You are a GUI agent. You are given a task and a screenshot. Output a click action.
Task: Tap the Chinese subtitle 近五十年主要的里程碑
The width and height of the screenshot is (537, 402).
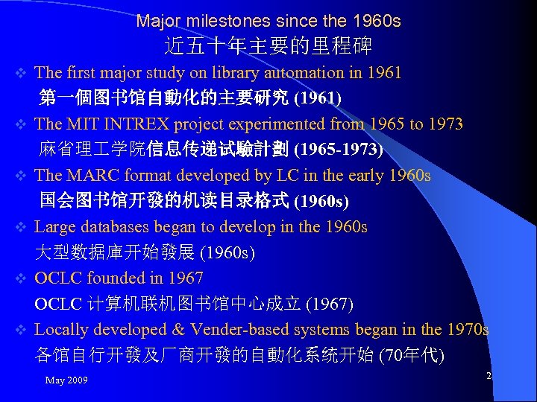pos(268,47)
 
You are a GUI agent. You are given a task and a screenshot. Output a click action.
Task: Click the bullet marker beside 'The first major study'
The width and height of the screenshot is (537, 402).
pos(22,73)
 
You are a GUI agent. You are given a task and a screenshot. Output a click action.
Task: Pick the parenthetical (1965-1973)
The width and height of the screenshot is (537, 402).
pos(339,150)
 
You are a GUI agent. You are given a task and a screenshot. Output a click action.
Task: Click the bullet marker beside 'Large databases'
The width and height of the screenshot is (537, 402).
pos(22,227)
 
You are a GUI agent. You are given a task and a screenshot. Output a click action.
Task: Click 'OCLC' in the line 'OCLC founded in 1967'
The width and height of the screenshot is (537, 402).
pos(59,278)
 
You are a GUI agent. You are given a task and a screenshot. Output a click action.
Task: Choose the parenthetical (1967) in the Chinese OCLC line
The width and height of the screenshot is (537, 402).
pos(329,304)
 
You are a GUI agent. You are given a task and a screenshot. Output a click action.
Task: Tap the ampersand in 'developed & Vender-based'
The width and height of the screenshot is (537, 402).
pos(178,330)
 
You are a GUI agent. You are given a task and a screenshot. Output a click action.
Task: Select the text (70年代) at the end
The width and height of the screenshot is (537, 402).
pos(412,355)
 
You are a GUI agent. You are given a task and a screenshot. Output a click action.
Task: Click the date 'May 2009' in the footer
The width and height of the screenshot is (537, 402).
pos(66,380)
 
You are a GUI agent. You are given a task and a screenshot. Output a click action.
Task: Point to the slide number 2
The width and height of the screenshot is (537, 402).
pos(489,376)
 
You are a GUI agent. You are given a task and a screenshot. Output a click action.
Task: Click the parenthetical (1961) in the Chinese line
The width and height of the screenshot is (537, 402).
pos(318,98)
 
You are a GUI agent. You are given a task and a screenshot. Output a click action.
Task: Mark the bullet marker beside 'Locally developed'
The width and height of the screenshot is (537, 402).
pos(22,330)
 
